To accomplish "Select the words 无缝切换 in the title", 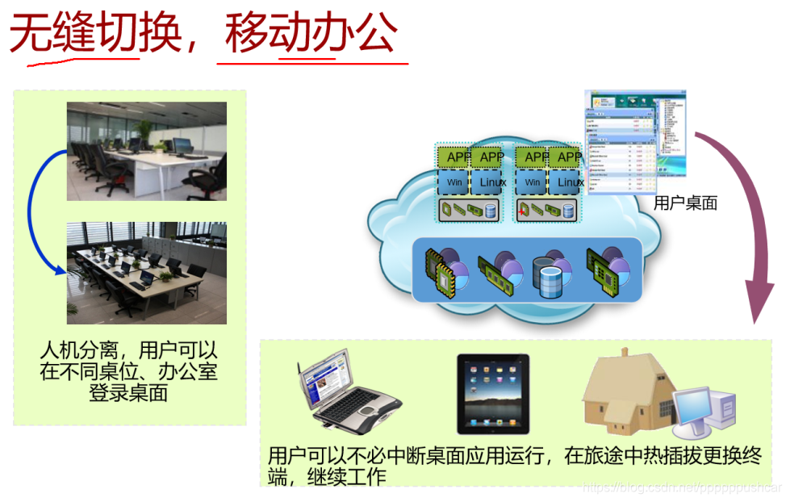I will (x=94, y=34).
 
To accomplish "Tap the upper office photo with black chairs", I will (x=146, y=151).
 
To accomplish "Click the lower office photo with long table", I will (x=146, y=272).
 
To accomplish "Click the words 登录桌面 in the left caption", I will (x=129, y=394).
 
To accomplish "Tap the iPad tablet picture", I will (x=494, y=394).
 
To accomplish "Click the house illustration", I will (x=625, y=391).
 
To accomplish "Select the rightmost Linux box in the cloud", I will (x=570, y=182).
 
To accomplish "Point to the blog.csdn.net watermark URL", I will (x=682, y=487).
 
